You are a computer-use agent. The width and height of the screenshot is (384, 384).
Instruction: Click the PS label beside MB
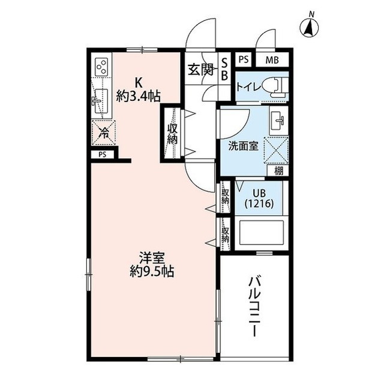pos(243,59)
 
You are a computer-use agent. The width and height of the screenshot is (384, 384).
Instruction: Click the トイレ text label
pos(248,87)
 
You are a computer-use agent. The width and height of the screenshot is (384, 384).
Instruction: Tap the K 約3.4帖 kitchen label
pos(137,89)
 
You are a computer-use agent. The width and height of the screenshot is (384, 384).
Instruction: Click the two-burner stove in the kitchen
pos(101,66)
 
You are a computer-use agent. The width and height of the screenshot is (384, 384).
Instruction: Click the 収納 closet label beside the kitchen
pos(173,133)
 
